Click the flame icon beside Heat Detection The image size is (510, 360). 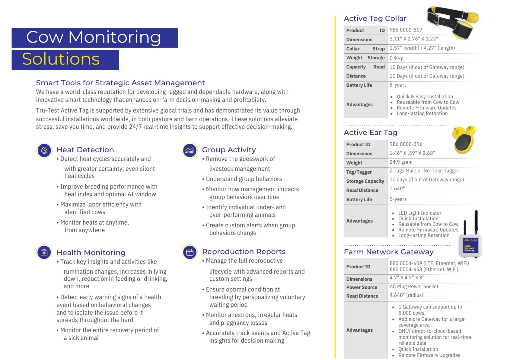(x=44, y=150)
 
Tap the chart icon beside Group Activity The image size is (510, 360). (x=190, y=150)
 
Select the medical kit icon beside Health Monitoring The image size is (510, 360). (x=44, y=252)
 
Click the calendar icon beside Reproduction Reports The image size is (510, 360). (x=190, y=252)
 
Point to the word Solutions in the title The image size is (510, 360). (x=61, y=59)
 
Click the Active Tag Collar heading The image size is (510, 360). (x=375, y=18)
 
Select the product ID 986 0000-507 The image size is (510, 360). (x=406, y=30)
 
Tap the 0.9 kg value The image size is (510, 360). (x=396, y=58)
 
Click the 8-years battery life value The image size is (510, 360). (x=398, y=85)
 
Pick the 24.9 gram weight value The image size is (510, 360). (x=401, y=162)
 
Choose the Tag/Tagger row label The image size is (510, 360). (x=359, y=172)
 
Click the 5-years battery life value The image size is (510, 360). (x=398, y=199)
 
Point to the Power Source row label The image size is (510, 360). (x=362, y=287)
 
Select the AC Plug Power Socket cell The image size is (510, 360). (x=414, y=286)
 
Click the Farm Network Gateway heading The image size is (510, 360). (x=388, y=252)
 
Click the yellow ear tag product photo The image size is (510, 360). (x=464, y=140)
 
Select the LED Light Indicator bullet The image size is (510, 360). (x=419, y=213)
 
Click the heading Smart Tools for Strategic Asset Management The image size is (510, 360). (x=120, y=83)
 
